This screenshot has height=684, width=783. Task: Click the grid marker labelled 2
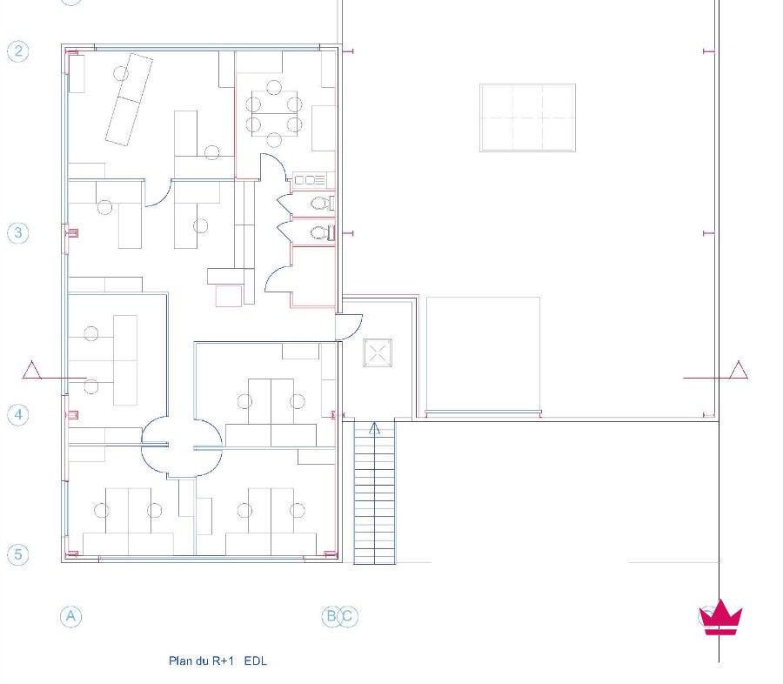18,51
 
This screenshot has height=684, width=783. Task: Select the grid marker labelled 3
18,233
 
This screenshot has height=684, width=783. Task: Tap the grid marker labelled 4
18,415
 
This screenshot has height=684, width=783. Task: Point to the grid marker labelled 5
18,554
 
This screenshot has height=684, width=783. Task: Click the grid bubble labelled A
71,616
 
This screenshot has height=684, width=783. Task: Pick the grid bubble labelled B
331,616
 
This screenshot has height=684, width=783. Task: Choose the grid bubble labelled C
347,616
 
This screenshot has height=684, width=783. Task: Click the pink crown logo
720,618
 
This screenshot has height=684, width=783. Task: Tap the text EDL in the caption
256,661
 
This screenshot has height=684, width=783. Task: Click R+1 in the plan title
223,661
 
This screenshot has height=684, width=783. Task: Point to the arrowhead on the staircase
374,427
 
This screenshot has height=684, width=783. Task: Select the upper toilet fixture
323,204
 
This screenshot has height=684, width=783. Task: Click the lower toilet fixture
323,233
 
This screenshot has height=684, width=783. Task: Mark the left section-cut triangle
32,370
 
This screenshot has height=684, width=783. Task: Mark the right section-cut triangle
739,370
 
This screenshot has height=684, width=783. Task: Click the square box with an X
378,352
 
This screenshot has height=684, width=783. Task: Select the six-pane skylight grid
527,117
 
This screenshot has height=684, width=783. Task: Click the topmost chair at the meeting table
274,87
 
